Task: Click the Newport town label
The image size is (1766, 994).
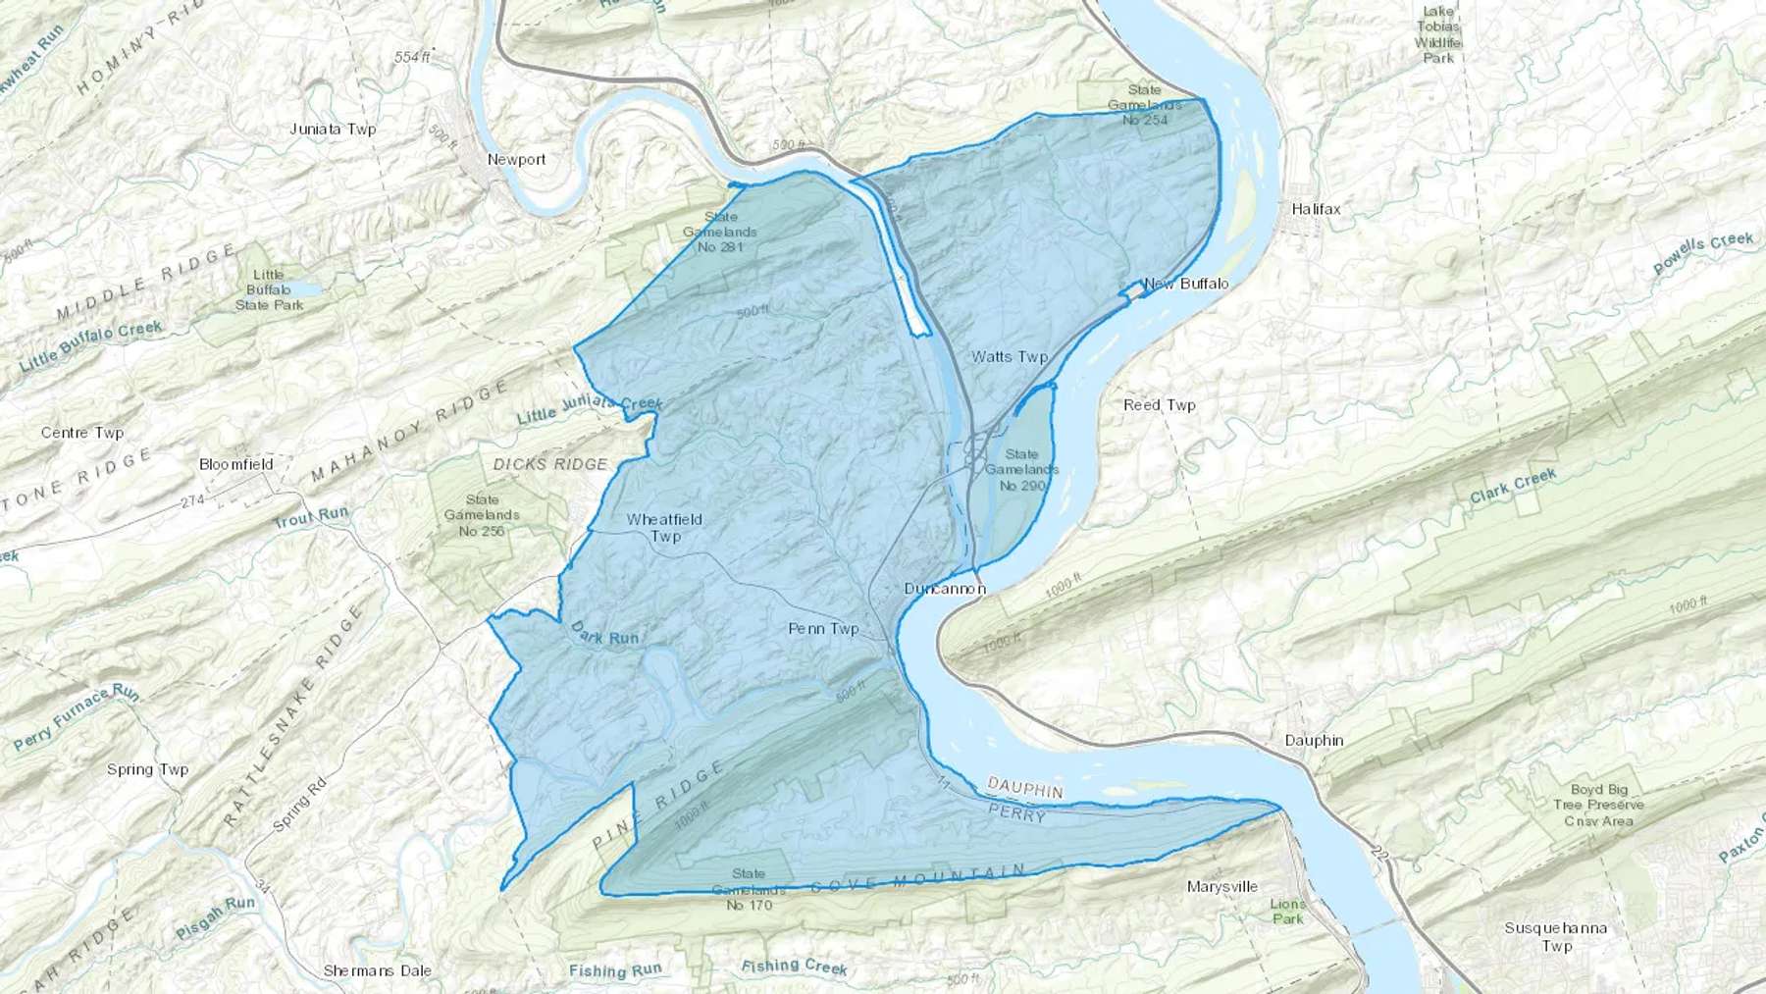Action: tap(516, 159)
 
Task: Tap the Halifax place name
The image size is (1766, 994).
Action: tap(1316, 209)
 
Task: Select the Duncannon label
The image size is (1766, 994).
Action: tap(944, 588)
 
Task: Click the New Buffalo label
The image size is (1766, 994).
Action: tap(1185, 284)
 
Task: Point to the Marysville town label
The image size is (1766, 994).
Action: tap(1221, 886)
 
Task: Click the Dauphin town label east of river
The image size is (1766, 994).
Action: tap(1314, 741)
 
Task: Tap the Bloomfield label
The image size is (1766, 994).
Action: tap(235, 463)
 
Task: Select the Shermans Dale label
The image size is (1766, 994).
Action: tap(378, 970)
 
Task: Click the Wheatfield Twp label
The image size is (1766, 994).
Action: tap(664, 527)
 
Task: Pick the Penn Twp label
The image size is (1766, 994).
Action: tap(823, 629)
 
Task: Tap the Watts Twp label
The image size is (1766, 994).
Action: tap(1010, 356)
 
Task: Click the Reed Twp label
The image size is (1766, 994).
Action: tap(1159, 404)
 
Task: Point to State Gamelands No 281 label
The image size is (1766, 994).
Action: tap(720, 233)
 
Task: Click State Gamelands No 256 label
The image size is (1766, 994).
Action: tap(481, 515)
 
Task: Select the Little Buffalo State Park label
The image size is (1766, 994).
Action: tap(269, 289)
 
